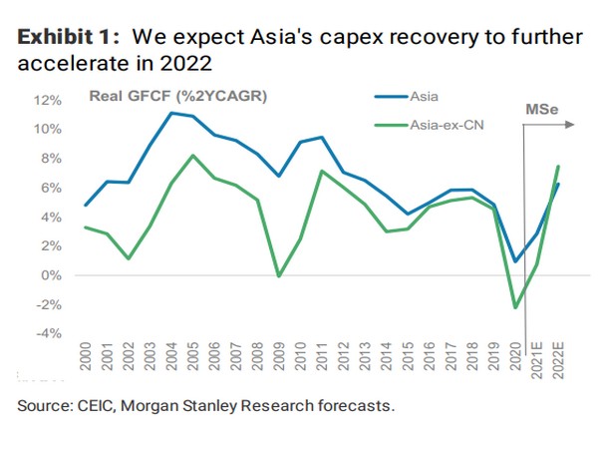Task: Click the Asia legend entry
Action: [423, 97]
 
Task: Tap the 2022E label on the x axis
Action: [557, 360]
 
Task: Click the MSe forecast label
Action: [544, 107]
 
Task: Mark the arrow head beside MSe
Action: [573, 125]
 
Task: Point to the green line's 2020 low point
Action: [515, 307]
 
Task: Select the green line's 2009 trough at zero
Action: [279, 276]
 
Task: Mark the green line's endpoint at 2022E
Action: [558, 166]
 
